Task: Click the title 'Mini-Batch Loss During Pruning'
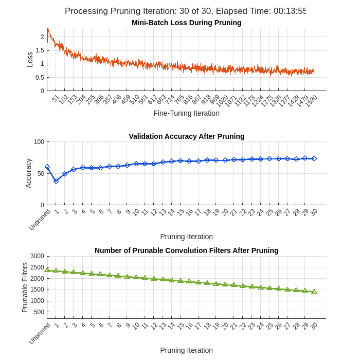(186, 23)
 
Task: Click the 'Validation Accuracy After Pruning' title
(186, 136)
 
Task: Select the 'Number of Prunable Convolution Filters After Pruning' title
(186, 250)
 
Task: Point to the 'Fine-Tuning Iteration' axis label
(186, 113)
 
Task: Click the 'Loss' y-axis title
(30, 60)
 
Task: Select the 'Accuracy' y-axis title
(28, 173)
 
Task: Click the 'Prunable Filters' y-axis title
(25, 287)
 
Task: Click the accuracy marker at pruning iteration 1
(56, 181)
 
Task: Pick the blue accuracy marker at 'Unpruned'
(47, 167)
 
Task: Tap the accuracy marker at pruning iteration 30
(314, 158)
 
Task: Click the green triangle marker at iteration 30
(314, 291)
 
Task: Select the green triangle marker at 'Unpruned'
(47, 269)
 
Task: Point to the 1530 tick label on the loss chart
(311, 100)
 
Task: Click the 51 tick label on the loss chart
(56, 98)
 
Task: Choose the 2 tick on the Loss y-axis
(42, 37)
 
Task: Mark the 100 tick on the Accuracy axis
(39, 142)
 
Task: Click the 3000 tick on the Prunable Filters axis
(37, 256)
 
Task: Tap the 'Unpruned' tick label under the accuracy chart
(40, 220)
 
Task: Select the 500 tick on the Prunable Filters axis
(39, 312)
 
